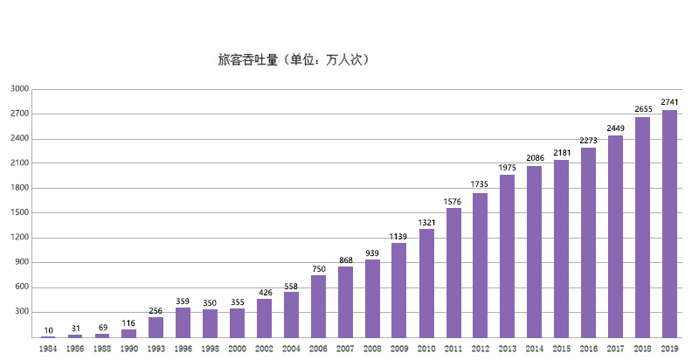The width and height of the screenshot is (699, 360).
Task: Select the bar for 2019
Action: point(669,224)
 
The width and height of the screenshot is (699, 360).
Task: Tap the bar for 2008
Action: point(372,298)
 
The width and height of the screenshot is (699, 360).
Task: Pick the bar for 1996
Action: point(183,322)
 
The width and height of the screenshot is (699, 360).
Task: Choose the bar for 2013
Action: point(508,256)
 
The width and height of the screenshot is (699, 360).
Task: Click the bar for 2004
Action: point(291,314)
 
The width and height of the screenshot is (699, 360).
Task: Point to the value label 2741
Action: point(670,102)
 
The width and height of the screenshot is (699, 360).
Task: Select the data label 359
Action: point(183,301)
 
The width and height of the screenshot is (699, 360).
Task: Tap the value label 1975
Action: point(508,167)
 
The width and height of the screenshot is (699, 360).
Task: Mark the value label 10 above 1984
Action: point(47,330)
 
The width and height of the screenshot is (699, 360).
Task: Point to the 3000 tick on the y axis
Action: point(20,89)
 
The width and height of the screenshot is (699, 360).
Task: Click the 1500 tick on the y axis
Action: point(20,212)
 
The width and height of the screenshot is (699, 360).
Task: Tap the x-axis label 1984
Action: point(48,348)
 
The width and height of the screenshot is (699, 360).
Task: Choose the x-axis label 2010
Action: point(426,348)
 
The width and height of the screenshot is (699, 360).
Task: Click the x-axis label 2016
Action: point(588,348)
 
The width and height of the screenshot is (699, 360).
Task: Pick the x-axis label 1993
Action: point(156,348)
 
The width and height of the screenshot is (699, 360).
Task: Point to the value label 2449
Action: point(616,128)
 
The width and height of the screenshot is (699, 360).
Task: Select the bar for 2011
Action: point(453,273)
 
